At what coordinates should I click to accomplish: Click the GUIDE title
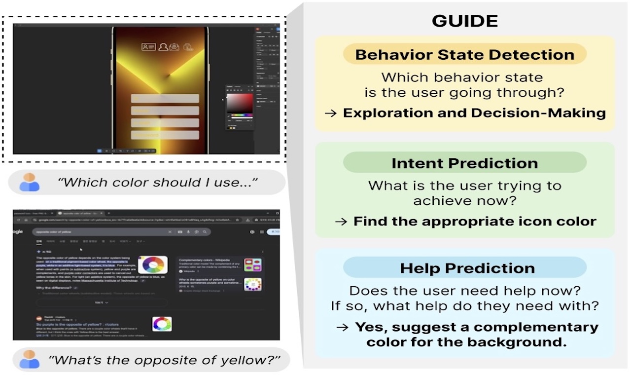[x=464, y=21]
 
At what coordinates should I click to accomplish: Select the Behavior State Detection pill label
[x=464, y=54]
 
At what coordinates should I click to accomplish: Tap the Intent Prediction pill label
[x=464, y=163]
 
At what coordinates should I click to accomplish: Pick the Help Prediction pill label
[x=467, y=268]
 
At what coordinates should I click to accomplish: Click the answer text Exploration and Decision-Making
[x=474, y=112]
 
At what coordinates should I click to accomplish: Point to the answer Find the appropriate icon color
[x=475, y=221]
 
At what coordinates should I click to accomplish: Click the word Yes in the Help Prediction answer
[x=367, y=327]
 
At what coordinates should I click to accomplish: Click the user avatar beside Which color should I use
[x=30, y=183]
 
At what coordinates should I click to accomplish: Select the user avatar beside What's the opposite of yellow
[x=30, y=359]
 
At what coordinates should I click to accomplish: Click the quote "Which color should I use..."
[x=157, y=183]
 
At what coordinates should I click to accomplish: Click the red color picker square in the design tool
[x=240, y=103]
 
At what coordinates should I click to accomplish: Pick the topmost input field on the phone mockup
[x=165, y=98]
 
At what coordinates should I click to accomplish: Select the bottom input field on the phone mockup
[x=165, y=135]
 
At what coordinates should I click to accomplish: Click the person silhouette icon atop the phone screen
[x=162, y=47]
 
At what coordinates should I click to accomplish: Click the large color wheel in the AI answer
[x=152, y=265]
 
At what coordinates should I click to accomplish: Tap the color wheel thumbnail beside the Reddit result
[x=162, y=324]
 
